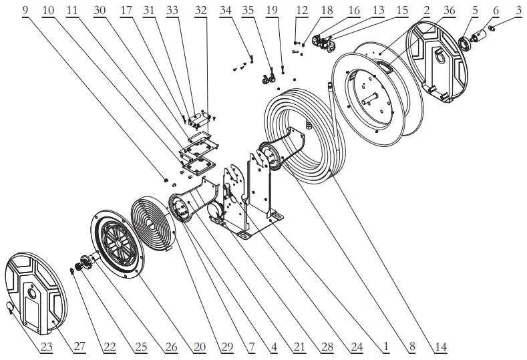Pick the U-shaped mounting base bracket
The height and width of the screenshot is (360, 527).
click(x=250, y=200)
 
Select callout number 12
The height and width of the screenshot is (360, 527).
click(x=301, y=11)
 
